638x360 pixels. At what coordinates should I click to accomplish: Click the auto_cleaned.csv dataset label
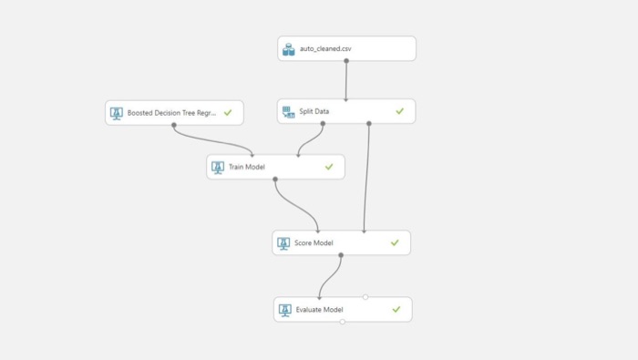(325, 49)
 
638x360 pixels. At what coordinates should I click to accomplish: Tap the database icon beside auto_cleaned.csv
(289, 49)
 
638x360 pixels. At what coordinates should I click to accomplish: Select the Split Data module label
(314, 111)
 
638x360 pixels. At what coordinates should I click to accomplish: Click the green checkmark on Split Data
(400, 111)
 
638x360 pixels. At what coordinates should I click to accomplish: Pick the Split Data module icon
(289, 112)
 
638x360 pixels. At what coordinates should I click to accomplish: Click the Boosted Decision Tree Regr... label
(171, 113)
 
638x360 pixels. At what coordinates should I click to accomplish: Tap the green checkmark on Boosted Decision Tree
(228, 113)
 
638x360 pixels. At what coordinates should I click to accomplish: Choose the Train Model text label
(247, 167)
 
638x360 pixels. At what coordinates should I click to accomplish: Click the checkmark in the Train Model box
(329, 167)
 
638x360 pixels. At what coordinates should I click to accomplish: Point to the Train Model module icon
(218, 168)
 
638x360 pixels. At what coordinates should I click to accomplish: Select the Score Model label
(314, 242)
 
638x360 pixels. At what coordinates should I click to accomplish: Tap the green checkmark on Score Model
(395, 242)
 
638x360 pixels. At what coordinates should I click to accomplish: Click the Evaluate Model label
(319, 310)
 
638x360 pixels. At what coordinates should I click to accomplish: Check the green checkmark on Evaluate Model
(396, 310)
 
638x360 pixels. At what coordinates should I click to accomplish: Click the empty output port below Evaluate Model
(343, 322)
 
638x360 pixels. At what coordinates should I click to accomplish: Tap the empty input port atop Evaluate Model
(365, 297)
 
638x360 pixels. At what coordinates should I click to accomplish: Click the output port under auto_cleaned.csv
(346, 61)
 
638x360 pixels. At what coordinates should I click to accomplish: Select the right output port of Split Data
(368, 123)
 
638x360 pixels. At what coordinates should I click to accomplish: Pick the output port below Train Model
(275, 179)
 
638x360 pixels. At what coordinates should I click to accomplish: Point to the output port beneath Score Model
(341, 255)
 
